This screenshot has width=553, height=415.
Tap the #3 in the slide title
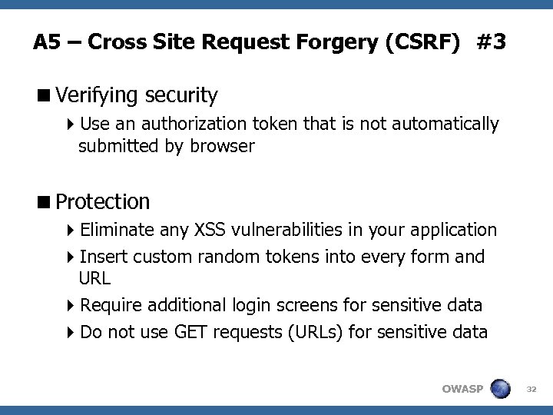coord(490,41)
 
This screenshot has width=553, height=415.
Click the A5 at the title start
coord(48,41)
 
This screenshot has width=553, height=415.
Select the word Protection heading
coord(102,202)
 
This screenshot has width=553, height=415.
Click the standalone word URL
coord(95,277)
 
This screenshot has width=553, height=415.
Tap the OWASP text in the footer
coord(462,389)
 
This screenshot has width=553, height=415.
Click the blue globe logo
coord(501,388)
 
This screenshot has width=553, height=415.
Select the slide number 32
coord(529,389)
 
